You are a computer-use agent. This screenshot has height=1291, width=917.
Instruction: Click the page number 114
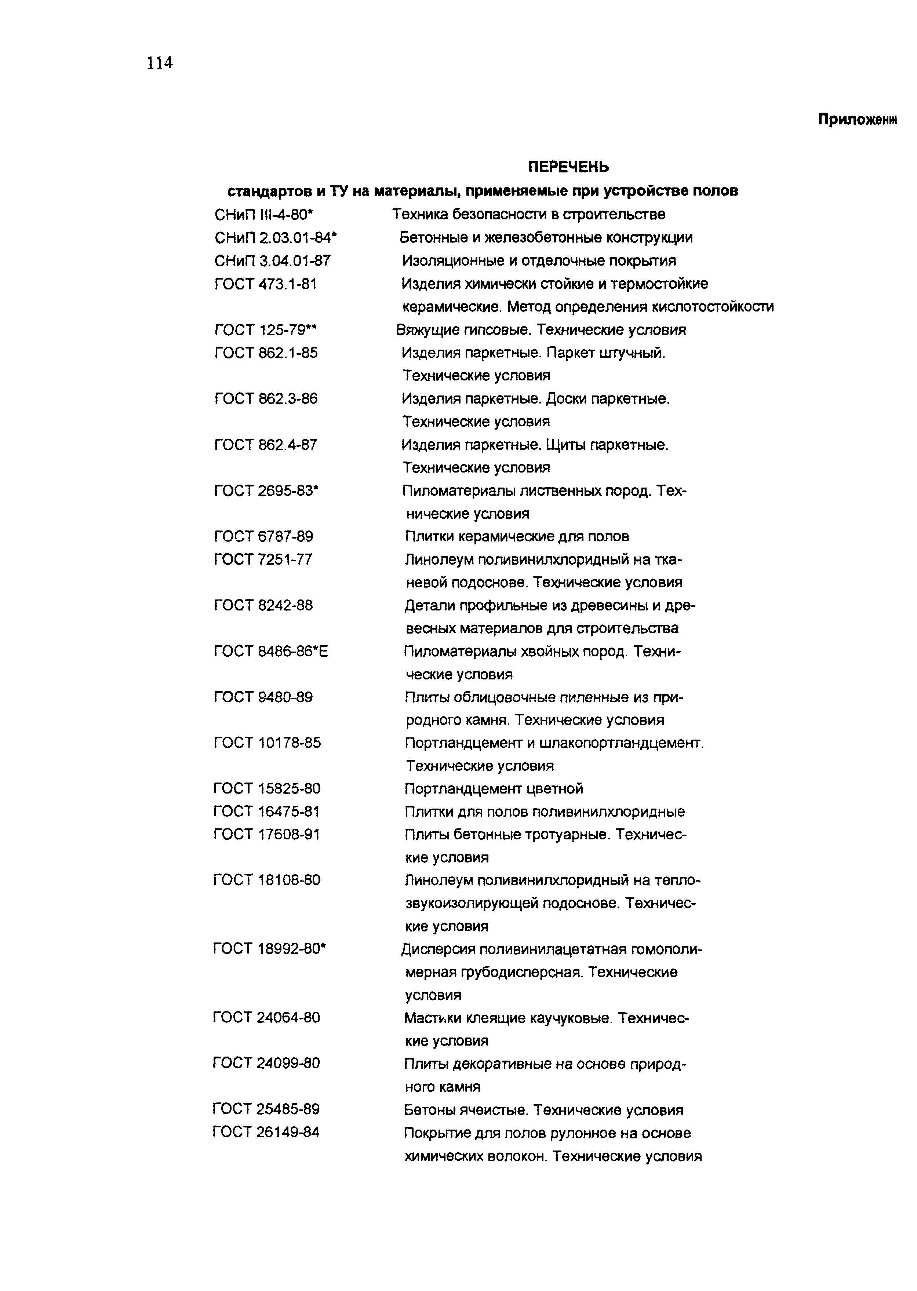(160, 63)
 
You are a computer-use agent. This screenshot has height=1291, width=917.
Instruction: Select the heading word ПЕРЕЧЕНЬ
(569, 167)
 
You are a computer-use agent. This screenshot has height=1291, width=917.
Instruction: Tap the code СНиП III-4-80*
(263, 215)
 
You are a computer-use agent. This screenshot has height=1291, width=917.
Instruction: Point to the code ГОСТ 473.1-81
(265, 284)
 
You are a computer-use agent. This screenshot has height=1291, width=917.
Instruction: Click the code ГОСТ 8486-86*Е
(271, 652)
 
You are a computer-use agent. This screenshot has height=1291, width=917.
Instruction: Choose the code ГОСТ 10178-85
(267, 743)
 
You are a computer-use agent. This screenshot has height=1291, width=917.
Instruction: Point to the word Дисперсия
(438, 949)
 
